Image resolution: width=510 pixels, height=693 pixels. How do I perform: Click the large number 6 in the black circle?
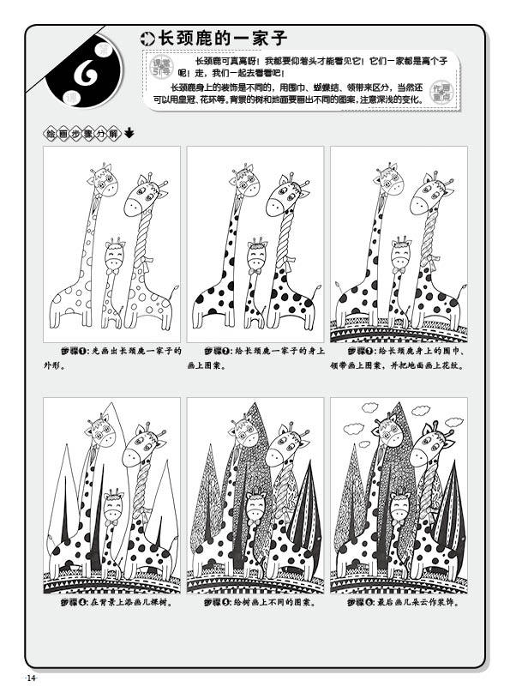pyautogui.click(x=85, y=75)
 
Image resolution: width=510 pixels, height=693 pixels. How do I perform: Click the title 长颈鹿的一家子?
pyautogui.click(x=219, y=38)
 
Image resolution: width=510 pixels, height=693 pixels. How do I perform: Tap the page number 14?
pyautogui.click(x=32, y=679)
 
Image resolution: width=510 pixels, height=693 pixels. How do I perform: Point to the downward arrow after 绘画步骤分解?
pyautogui.click(x=129, y=133)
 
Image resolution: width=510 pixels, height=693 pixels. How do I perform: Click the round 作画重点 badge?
pyautogui.click(x=441, y=91)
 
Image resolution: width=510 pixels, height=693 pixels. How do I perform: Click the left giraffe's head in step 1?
pyautogui.click(x=103, y=182)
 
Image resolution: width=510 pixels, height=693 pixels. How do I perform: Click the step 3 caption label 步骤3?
pyautogui.click(x=359, y=351)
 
